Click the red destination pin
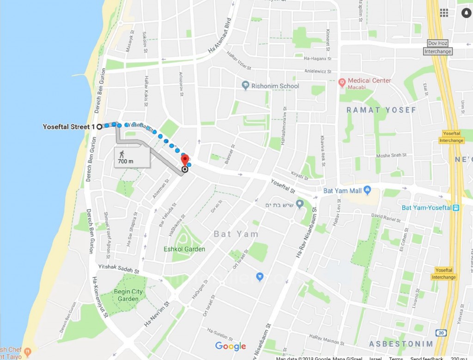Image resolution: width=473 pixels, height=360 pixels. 185,160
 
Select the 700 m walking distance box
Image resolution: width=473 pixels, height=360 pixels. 132,157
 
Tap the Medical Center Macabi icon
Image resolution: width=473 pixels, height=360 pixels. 342,83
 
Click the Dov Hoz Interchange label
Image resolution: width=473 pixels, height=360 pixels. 438,47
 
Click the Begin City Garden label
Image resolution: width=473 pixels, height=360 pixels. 128,295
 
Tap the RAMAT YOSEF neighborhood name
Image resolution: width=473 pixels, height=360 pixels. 381,110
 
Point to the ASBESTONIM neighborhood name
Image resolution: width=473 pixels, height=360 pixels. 401,344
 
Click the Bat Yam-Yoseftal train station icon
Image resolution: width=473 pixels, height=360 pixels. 456,207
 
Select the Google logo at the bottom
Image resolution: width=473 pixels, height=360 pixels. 230,346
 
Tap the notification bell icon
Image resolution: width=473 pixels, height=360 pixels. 465,12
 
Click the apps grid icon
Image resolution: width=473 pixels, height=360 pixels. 444,12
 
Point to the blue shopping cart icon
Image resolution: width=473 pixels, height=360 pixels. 260,276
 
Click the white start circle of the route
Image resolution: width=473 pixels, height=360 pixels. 99,126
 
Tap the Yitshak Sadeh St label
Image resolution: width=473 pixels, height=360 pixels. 118,269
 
